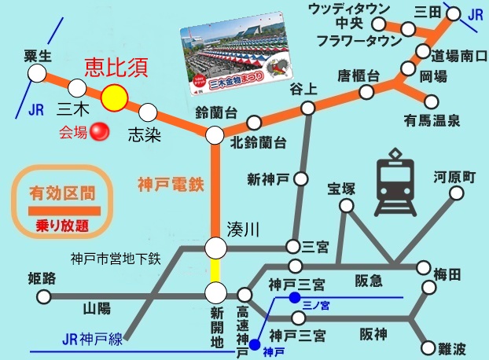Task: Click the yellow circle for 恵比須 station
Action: click(115, 97)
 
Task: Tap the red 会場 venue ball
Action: click(99, 132)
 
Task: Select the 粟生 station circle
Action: click(36, 73)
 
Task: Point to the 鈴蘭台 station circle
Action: click(215, 135)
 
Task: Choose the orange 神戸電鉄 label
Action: click(171, 186)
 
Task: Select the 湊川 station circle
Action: click(216, 249)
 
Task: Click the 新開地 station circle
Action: click(216, 294)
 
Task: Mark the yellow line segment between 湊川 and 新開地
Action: click(216, 272)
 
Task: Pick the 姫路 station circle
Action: click(44, 297)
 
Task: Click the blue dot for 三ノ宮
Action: click(293, 297)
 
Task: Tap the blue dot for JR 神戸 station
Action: click(255, 343)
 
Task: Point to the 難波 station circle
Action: click(428, 347)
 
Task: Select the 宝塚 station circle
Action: click(344, 205)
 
